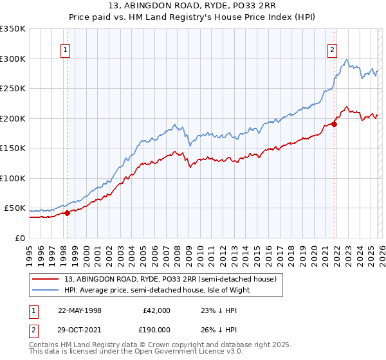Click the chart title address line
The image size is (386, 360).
click(193, 6)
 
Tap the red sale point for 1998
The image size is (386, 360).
click(67, 213)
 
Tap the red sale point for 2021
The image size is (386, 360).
click(335, 125)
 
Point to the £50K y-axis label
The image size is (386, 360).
click(15, 208)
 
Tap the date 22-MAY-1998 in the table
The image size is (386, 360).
click(80, 310)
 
